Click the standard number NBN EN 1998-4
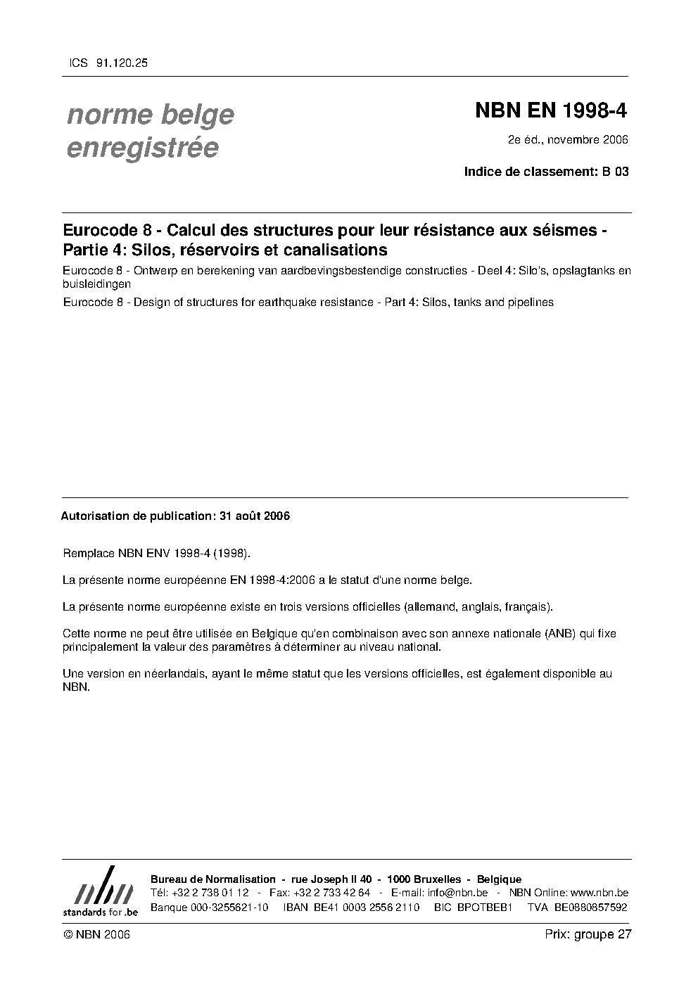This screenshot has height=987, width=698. [551, 111]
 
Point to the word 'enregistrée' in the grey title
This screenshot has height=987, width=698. [142, 148]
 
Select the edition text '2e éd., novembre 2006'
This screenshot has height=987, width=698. [568, 140]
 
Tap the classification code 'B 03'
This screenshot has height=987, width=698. [615, 172]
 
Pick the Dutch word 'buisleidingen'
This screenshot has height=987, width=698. [96, 285]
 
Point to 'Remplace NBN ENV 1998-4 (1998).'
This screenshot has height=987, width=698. [156, 554]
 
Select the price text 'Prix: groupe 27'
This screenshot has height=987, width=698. [588, 934]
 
